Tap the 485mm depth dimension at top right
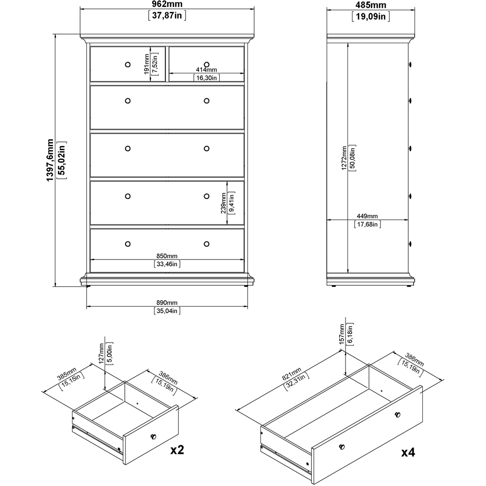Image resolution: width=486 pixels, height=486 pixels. tap(368, 5)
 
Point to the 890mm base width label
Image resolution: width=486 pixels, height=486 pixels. tap(167, 302)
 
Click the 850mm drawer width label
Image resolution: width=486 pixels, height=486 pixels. tap(167, 256)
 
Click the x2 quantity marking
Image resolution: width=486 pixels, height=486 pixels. tap(177, 450)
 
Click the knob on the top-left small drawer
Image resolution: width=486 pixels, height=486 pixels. tap(127, 64)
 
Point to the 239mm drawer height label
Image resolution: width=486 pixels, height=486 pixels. tap(224, 203)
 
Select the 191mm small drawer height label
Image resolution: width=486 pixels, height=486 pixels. tap(147, 63)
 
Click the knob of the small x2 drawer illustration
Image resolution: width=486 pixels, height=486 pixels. tap(155, 436)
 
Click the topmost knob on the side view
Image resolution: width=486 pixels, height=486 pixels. tap(411, 64)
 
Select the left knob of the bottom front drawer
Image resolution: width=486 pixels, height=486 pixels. tap(127, 243)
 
